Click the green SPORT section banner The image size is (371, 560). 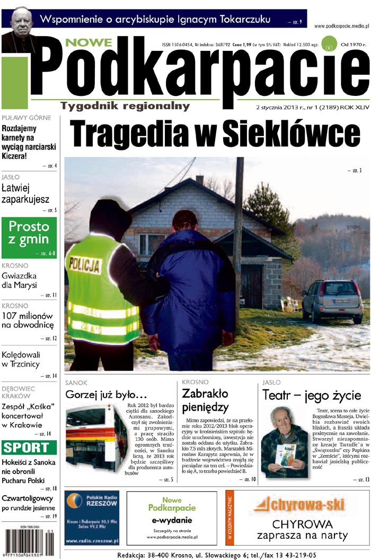(29, 448)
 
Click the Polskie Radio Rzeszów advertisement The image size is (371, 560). (92, 518)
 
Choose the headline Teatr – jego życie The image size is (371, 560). (312, 395)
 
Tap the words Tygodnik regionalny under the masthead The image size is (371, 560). (125, 106)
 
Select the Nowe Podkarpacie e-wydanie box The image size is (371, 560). (172, 518)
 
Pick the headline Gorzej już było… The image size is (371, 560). (105, 395)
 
